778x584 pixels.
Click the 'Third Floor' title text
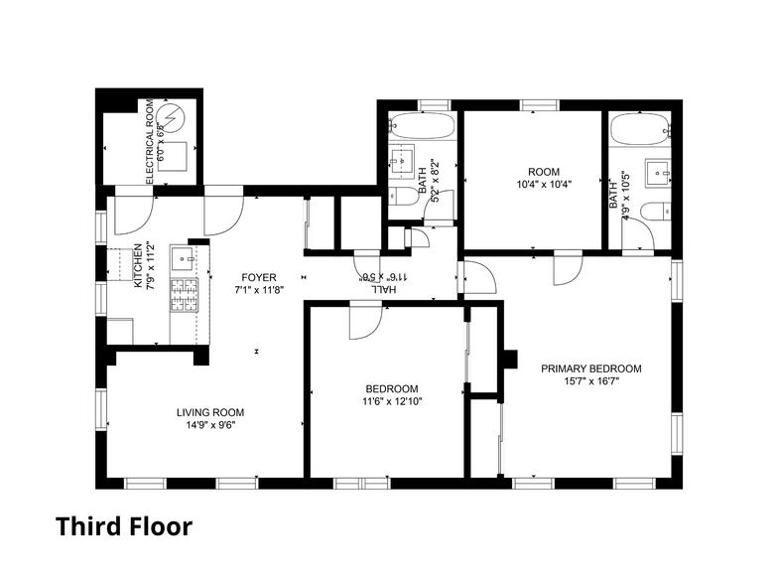123,525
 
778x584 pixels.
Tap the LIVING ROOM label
210,412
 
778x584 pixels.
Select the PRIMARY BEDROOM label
590,368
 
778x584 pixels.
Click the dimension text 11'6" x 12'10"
392,401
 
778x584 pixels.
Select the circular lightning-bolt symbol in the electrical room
175,120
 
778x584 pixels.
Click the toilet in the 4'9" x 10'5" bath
658,211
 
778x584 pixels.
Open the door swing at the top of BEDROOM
364,320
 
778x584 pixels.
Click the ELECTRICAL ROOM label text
150,141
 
